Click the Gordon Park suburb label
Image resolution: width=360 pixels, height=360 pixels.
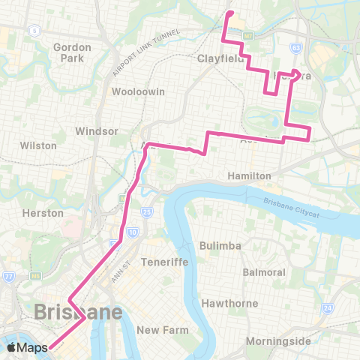(72, 52)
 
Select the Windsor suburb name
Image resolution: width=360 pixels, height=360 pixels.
(97, 130)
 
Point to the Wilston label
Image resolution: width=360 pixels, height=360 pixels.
(38, 145)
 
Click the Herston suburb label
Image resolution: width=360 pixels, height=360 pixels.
(43, 213)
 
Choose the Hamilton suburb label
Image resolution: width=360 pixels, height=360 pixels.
(248, 175)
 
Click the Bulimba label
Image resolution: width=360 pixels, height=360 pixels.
(220, 246)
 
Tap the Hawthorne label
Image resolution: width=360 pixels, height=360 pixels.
(229, 304)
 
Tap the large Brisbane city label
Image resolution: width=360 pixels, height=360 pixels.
(78, 311)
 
